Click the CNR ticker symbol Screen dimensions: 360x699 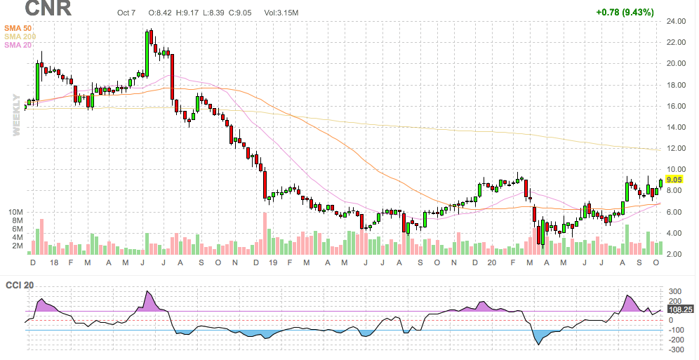pyautogui.click(x=47, y=9)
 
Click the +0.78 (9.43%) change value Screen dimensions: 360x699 pyautogui.click(x=624, y=12)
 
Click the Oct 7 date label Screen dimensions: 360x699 pyautogui.click(x=127, y=13)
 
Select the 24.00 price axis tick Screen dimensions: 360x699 pyautogui.click(x=676, y=21)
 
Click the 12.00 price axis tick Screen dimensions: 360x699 pyautogui.click(x=676, y=148)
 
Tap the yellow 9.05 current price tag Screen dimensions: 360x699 pyautogui.click(x=675, y=180)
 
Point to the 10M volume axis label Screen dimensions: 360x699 pyautogui.click(x=15, y=211)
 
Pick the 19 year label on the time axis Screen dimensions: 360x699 pyautogui.click(x=273, y=262)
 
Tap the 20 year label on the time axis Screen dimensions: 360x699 pyautogui.click(x=493, y=262)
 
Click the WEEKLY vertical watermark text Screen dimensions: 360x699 pyautogui.click(x=15, y=114)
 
